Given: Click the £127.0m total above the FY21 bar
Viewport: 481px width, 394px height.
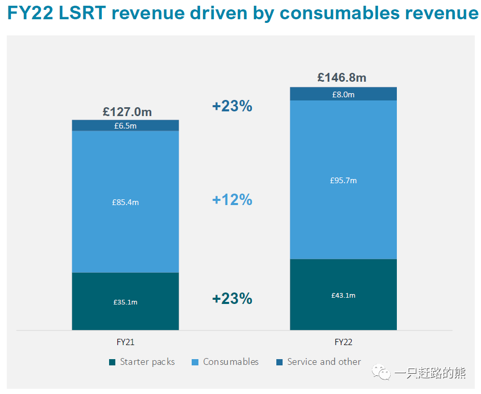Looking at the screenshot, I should (127, 112).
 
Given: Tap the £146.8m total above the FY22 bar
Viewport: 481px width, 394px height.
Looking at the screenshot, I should (342, 78).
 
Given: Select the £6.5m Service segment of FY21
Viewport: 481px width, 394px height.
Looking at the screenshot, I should (125, 125).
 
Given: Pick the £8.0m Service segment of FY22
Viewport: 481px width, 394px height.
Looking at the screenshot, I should (343, 94).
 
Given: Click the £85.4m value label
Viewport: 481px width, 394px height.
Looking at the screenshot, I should (125, 202).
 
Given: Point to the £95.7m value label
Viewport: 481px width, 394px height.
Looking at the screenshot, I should (343, 181).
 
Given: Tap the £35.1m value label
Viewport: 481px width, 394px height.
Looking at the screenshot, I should (125, 302).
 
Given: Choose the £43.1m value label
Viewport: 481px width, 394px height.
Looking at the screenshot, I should (343, 295).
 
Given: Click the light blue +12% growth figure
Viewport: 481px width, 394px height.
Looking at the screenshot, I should (232, 200).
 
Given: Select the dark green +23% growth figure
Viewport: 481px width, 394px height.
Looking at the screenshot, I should (232, 299).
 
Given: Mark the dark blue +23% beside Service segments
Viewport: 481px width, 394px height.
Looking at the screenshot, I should (232, 106).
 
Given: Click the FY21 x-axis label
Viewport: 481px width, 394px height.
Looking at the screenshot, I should (125, 342).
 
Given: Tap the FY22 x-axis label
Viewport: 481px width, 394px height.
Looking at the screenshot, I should (343, 342).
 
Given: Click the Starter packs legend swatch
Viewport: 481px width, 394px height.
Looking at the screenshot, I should (112, 362).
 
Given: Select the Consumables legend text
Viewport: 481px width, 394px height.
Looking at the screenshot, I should (231, 362).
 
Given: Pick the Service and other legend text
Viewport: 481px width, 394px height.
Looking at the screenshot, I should (324, 362).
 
